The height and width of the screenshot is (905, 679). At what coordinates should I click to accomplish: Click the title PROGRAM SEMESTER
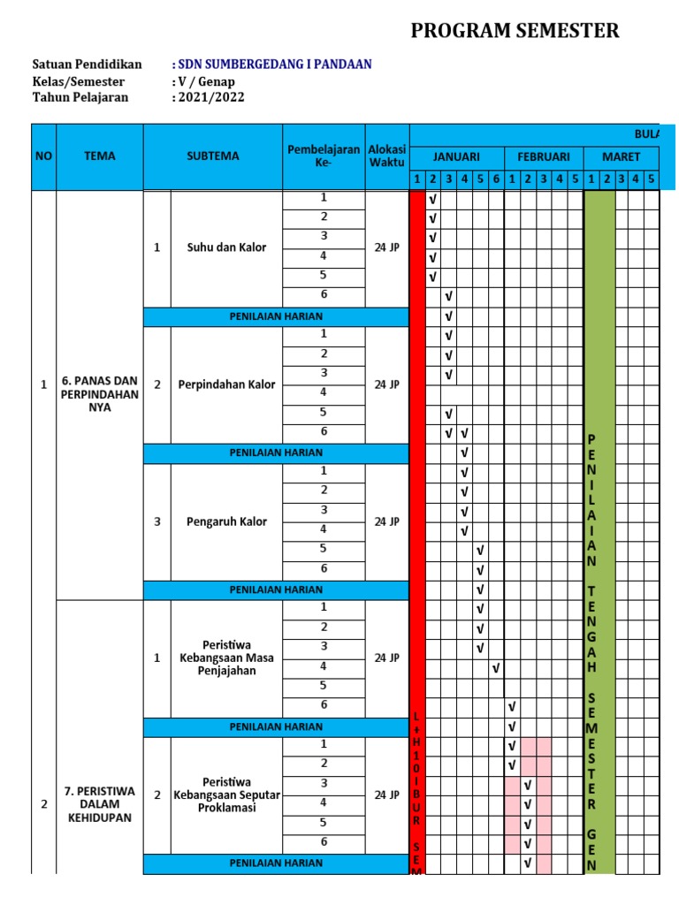(515, 32)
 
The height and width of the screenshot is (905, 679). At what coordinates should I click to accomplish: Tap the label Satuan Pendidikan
(87, 65)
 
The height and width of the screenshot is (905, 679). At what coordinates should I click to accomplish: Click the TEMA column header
(99, 156)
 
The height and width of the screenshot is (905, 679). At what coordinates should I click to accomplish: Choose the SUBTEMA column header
(212, 156)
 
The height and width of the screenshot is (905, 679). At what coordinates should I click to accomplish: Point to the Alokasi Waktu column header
(386, 156)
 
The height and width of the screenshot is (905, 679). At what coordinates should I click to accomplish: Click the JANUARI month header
(456, 156)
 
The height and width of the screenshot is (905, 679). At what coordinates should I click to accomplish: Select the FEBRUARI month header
(544, 156)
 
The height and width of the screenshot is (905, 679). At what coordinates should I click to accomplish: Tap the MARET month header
(621, 156)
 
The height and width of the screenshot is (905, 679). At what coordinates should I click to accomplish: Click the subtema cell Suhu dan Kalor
(226, 248)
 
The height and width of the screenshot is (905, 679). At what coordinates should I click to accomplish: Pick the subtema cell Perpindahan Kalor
(226, 385)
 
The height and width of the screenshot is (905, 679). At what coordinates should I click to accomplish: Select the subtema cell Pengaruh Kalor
(226, 521)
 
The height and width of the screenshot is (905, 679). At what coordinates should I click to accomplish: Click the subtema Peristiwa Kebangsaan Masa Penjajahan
(226, 658)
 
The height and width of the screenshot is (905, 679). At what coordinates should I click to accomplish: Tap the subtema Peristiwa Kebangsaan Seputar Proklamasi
(226, 795)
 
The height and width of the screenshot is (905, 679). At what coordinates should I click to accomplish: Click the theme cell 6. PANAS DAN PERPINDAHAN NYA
(99, 394)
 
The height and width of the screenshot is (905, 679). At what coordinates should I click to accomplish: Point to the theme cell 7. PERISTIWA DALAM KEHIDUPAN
(99, 804)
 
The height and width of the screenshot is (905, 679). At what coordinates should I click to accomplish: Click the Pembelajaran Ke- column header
(324, 156)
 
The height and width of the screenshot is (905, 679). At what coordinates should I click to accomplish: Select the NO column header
(43, 156)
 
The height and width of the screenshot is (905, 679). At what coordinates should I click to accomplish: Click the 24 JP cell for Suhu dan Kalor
(386, 248)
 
